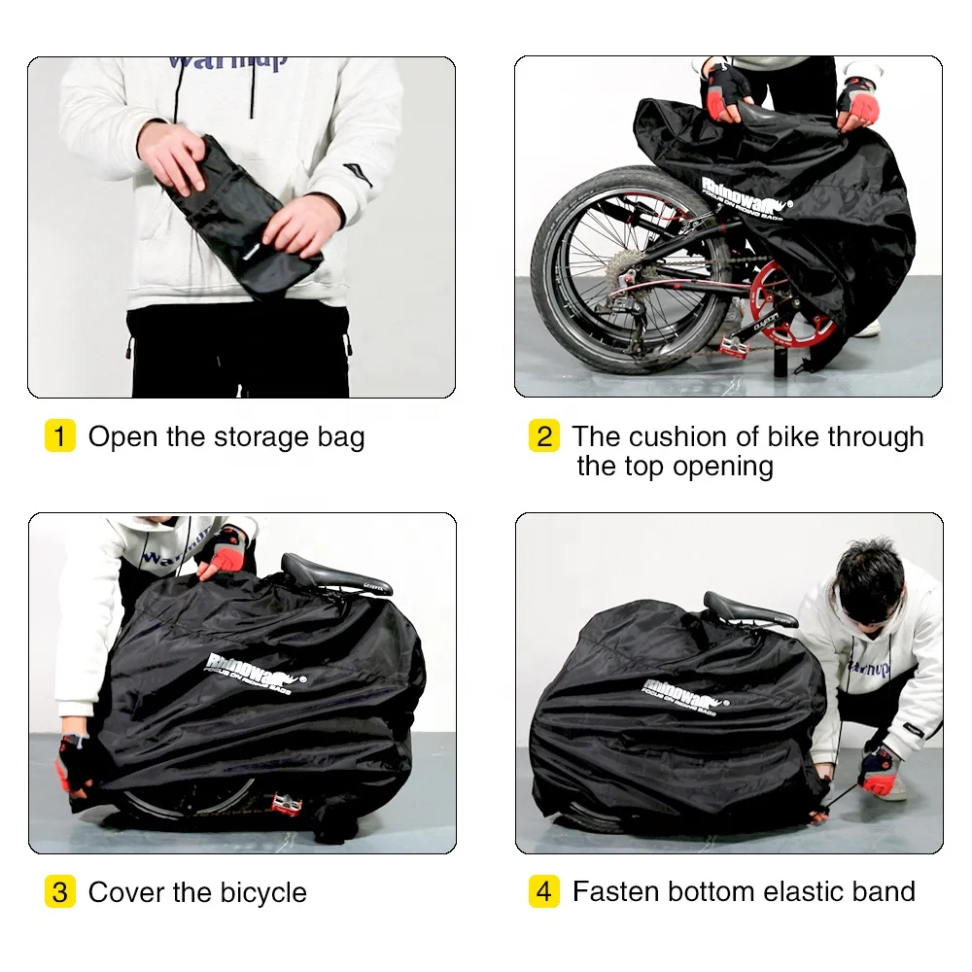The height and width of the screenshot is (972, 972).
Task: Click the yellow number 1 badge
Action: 59,436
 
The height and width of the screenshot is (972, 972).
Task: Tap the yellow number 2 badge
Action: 543,436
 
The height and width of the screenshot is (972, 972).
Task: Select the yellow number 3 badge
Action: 59,891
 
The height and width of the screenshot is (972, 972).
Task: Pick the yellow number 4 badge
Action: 543,891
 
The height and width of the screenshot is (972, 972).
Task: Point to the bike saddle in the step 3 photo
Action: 335,576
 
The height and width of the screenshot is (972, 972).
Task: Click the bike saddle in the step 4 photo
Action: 749,609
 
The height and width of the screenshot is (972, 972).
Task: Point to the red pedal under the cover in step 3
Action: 289,803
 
